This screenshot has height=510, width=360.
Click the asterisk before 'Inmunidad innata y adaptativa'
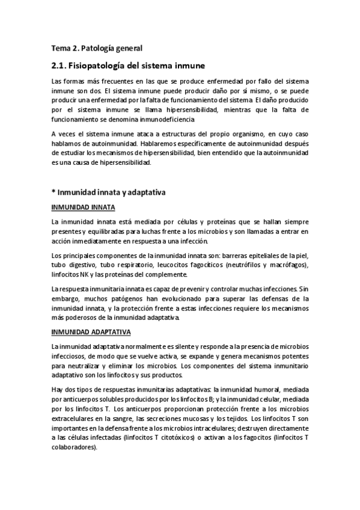coord(53,192)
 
